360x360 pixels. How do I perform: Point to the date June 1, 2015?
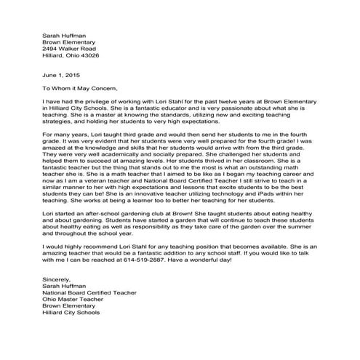click(x=59, y=76)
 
